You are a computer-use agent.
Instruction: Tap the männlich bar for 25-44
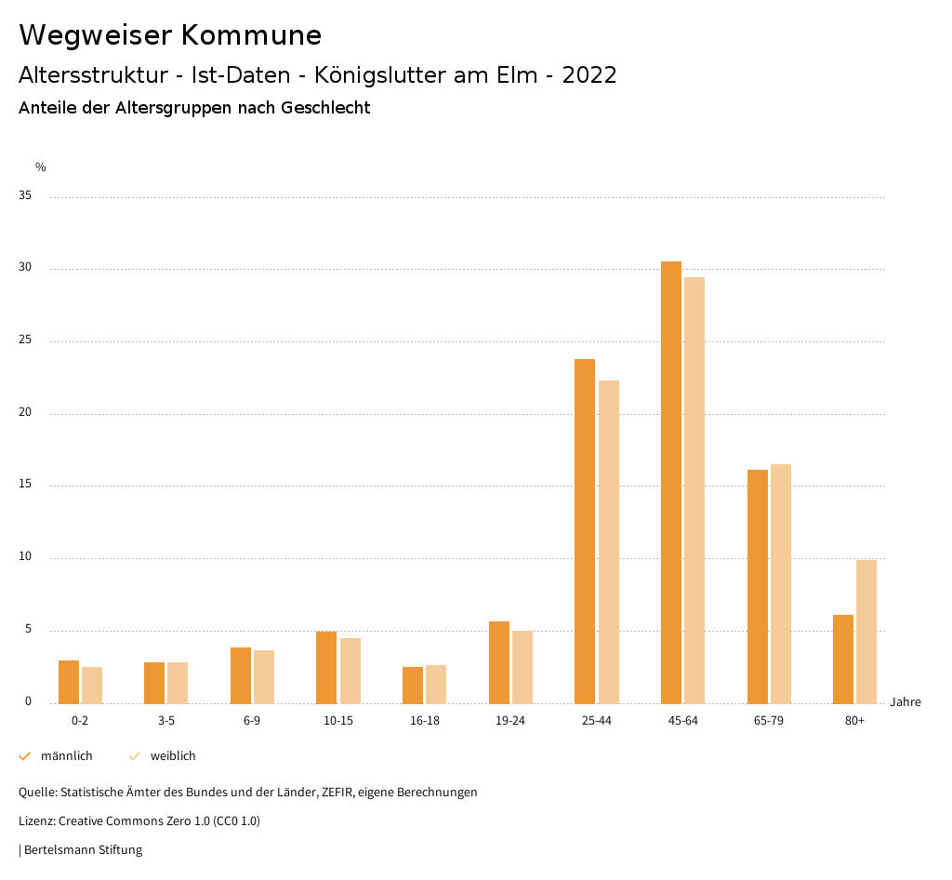point(585,530)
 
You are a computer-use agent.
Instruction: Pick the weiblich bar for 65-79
point(781,583)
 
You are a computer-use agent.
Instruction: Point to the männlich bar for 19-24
point(499,662)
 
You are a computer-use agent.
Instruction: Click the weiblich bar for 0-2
point(92,685)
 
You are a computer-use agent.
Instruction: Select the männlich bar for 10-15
point(326,667)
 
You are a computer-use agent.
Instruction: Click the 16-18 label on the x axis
point(424,722)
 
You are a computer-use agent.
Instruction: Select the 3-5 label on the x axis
point(166,722)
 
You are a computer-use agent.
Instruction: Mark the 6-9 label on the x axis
point(252,722)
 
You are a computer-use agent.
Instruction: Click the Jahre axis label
point(905,702)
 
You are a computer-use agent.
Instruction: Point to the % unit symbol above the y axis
point(41,167)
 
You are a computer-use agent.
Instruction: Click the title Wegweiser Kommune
point(170,35)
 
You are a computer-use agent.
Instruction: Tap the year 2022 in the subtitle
point(588,75)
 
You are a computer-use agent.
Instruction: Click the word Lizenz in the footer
point(36,821)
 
